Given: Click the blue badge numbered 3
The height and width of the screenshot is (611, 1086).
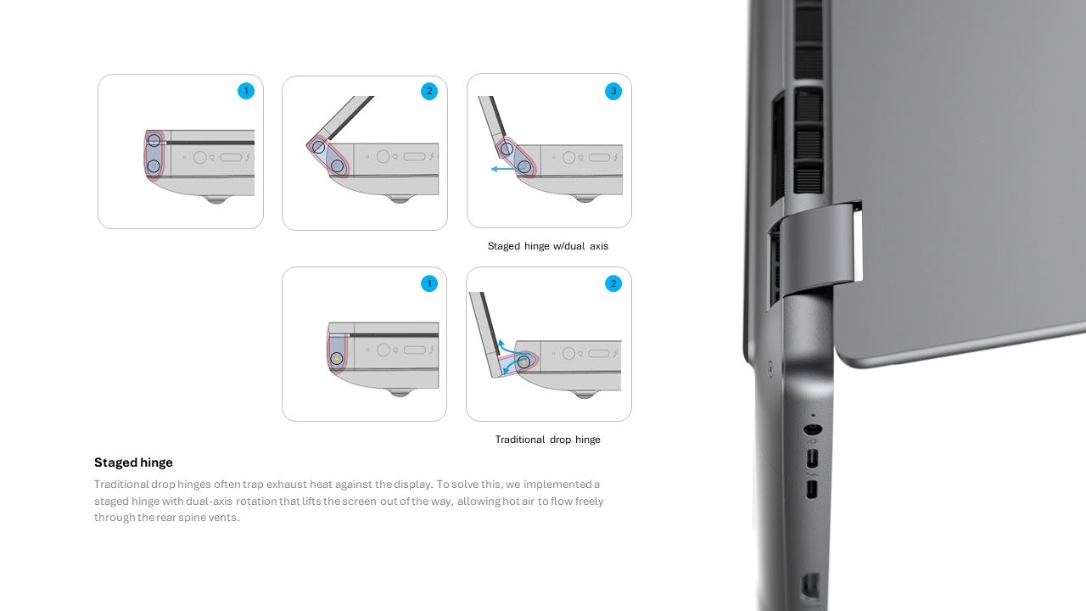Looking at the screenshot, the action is click(x=613, y=91).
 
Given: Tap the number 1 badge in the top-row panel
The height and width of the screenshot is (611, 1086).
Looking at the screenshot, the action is click(x=246, y=91).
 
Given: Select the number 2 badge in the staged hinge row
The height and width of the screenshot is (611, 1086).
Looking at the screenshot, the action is click(x=429, y=91).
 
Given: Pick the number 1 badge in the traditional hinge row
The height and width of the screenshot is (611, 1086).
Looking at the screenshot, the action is click(x=429, y=283).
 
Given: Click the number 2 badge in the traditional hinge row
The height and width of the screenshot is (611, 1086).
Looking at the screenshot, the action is click(x=613, y=283).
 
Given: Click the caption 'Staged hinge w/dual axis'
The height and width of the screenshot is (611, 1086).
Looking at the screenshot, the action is click(x=548, y=246).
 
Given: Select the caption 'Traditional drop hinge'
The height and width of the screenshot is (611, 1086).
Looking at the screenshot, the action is click(x=548, y=440).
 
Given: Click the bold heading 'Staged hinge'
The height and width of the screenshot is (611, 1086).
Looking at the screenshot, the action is click(x=133, y=462).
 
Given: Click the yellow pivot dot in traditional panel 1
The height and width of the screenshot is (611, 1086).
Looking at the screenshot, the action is click(x=337, y=359).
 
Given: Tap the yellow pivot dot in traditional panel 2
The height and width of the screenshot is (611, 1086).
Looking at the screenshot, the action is click(x=523, y=362).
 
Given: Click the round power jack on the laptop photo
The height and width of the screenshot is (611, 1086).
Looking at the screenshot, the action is click(x=813, y=429).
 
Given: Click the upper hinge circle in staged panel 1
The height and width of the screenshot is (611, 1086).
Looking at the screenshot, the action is click(x=154, y=141).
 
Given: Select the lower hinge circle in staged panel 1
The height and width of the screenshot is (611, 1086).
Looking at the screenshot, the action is click(x=154, y=166).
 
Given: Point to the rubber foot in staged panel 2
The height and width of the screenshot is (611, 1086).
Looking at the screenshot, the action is click(x=400, y=199).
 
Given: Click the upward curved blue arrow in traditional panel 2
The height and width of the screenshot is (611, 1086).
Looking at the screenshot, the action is click(x=508, y=347).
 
